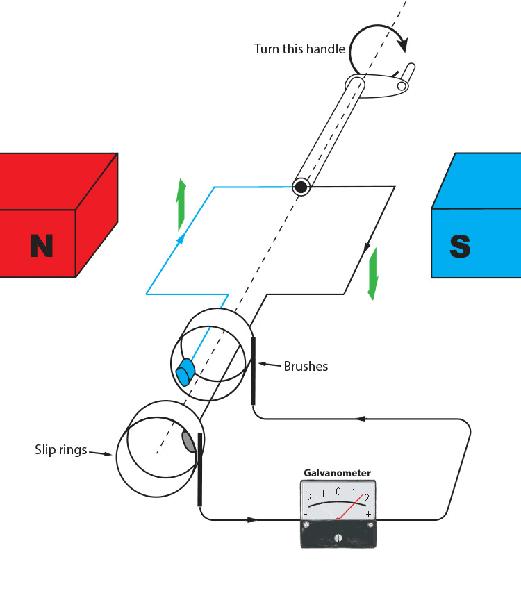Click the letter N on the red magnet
coord(42,246)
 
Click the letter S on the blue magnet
coord(460,246)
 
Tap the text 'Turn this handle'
coord(299,49)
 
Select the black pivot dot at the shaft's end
coord(301,187)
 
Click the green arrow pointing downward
coord(373,273)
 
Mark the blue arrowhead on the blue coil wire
coord(182,238)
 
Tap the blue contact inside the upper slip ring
coord(185,372)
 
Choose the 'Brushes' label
coord(306,366)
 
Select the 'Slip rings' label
coord(60,450)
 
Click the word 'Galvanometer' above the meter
coord(337,473)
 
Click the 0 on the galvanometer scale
coord(338,492)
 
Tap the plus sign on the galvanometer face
coord(368,514)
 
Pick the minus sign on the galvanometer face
coord(306,514)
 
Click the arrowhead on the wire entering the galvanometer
coord(251,519)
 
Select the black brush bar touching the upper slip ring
coord(254,370)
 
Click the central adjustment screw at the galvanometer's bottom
coord(338,537)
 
